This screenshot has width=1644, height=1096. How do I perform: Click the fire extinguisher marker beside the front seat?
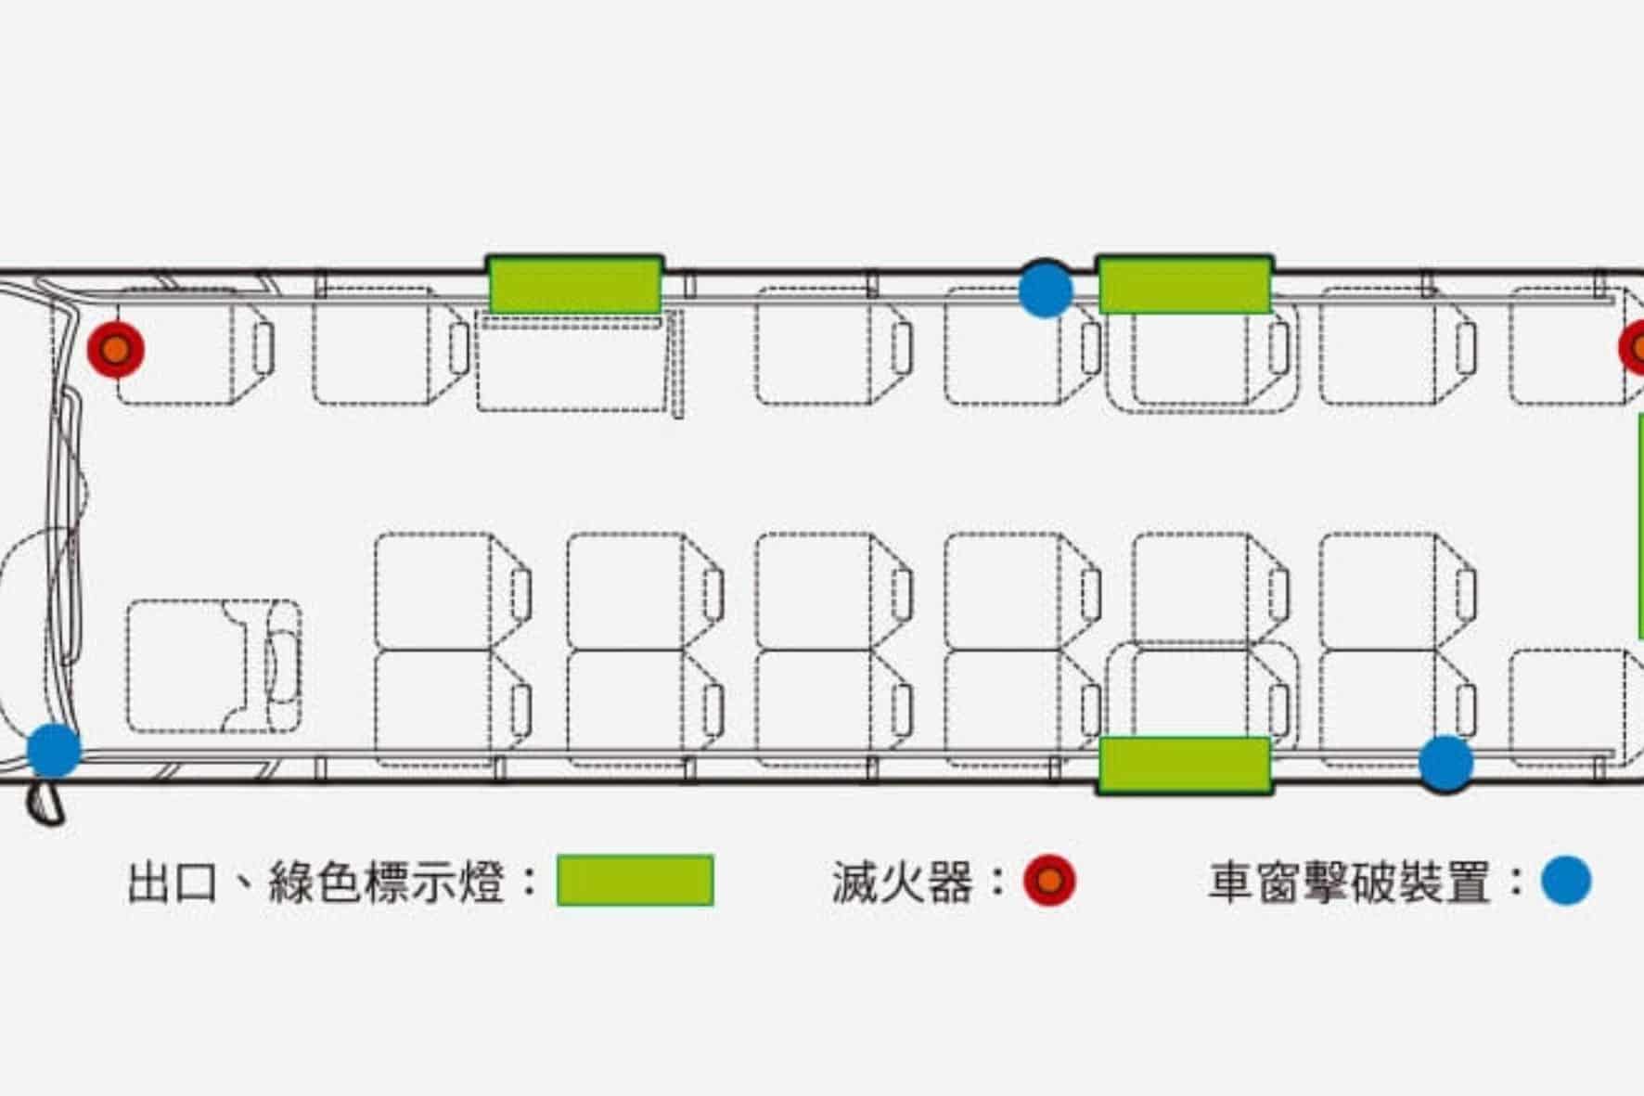(116, 350)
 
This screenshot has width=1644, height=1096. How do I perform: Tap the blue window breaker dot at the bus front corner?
(54, 750)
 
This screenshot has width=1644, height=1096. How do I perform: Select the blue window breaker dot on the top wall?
(1046, 290)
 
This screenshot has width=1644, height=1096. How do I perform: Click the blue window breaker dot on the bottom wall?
(1445, 763)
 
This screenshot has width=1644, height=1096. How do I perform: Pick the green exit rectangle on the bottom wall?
(1185, 765)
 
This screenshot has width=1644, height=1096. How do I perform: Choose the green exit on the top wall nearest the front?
(575, 285)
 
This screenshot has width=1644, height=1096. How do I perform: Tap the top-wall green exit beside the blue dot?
(1185, 285)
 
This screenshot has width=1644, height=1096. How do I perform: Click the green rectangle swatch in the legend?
(635, 880)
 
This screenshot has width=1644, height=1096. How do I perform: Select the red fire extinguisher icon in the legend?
(1049, 881)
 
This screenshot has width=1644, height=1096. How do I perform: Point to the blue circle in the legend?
(1566, 881)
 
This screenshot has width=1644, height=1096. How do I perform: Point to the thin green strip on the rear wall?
(1639, 524)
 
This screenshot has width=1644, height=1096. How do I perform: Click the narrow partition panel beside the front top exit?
(677, 364)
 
